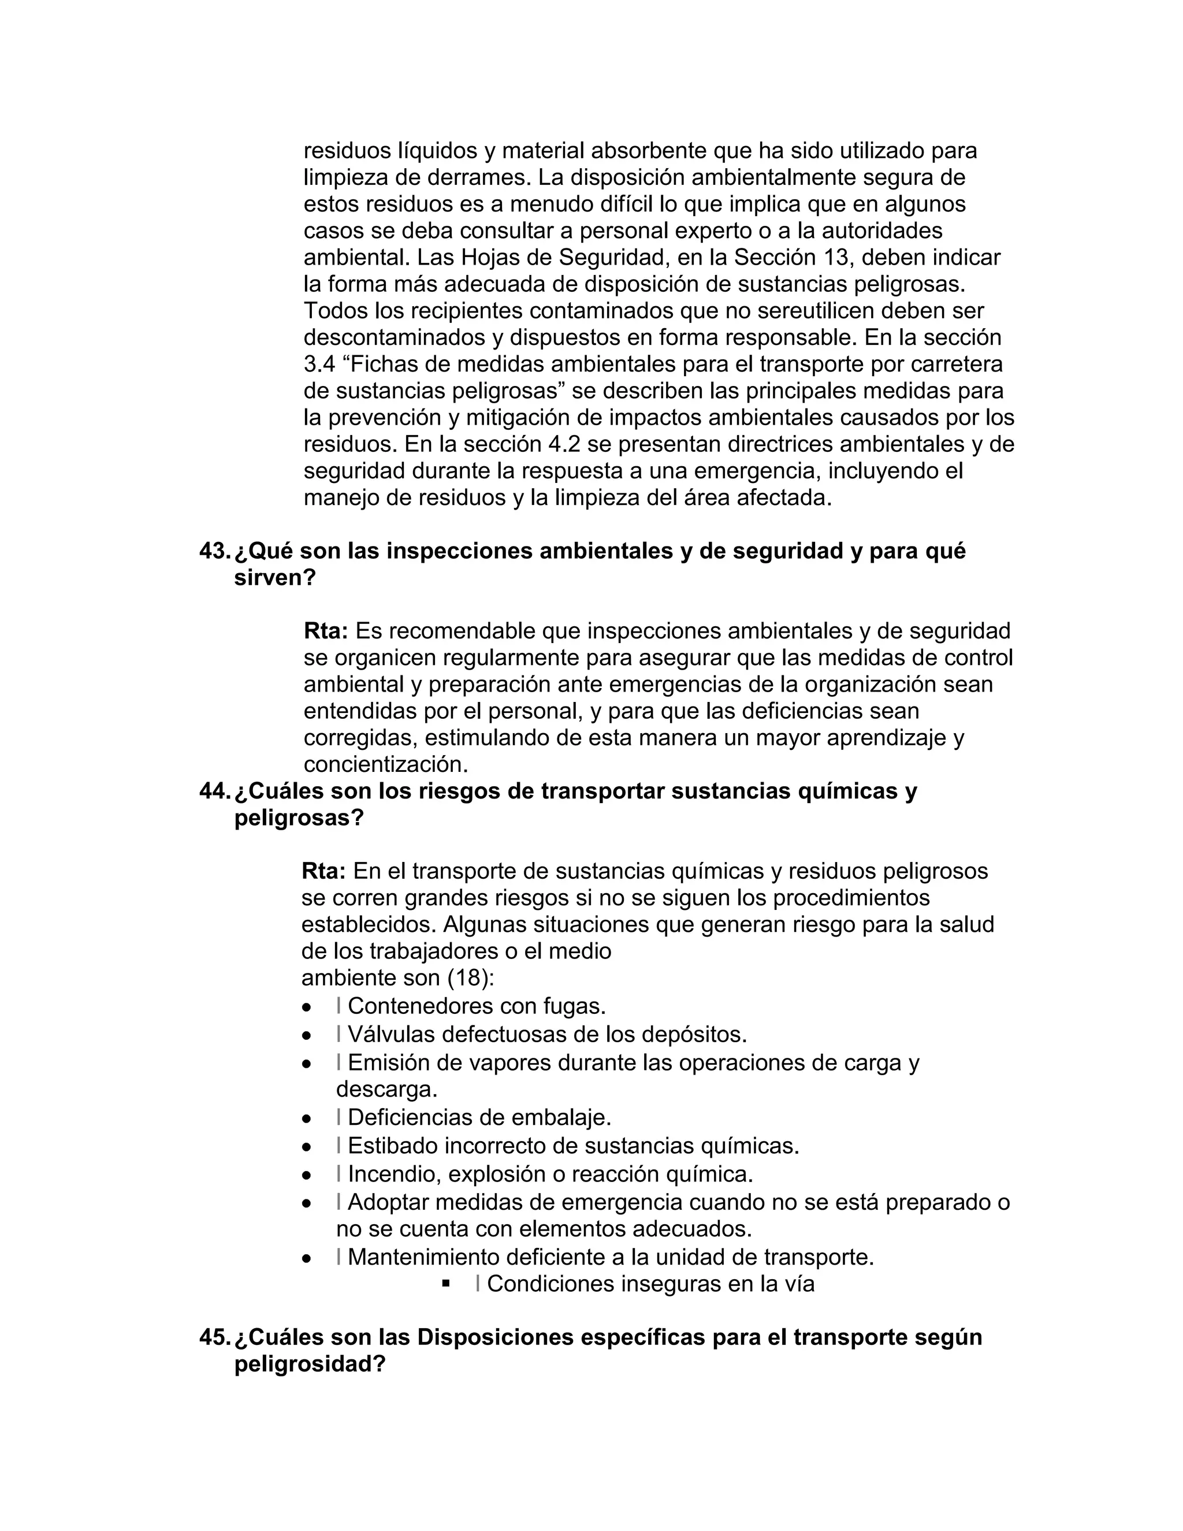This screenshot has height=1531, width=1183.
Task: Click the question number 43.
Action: pos(214,552)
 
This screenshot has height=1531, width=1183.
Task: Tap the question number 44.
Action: pos(214,791)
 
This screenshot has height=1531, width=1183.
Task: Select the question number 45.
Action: pos(214,1337)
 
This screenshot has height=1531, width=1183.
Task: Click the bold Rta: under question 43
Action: pos(326,631)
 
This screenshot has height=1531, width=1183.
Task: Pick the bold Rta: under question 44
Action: pos(324,871)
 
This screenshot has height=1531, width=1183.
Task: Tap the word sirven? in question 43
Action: pos(276,578)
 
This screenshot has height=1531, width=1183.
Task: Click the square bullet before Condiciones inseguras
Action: pos(446,1284)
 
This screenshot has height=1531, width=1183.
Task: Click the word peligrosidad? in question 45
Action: pos(310,1364)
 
